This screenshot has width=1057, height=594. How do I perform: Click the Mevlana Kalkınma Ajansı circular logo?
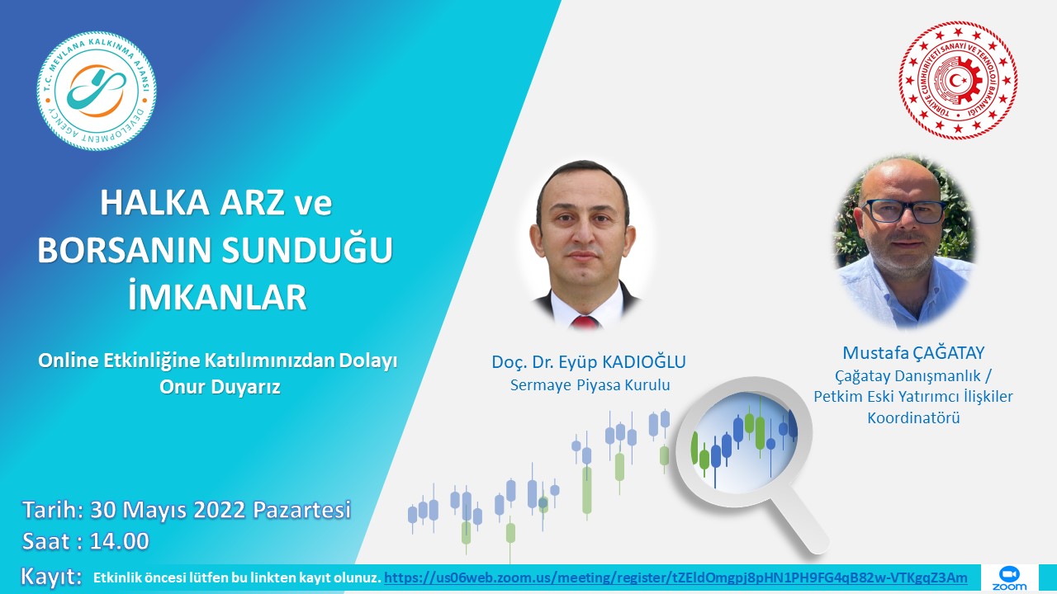[97, 91]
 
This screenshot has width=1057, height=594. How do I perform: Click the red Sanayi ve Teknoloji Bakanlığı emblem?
[958, 80]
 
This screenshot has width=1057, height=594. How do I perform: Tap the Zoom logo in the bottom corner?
[1009, 578]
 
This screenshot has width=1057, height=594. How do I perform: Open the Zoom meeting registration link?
[675, 577]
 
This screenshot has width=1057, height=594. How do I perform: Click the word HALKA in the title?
[154, 203]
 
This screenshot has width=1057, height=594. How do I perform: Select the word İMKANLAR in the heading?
[217, 296]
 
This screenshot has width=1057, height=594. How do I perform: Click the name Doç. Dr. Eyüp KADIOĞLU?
[589, 362]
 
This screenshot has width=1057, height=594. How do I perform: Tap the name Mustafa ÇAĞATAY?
[913, 352]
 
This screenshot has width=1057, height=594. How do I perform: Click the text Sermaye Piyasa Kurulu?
[590, 385]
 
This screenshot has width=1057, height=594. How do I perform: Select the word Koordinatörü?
[913, 417]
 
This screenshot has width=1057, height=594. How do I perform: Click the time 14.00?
[120, 541]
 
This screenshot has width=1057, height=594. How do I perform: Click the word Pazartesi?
[302, 510]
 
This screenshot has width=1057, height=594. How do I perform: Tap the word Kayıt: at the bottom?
[51, 577]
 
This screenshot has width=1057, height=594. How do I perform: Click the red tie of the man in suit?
[585, 323]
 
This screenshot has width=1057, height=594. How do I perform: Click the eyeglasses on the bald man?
[903, 211]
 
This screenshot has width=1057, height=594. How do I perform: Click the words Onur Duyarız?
[220, 387]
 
